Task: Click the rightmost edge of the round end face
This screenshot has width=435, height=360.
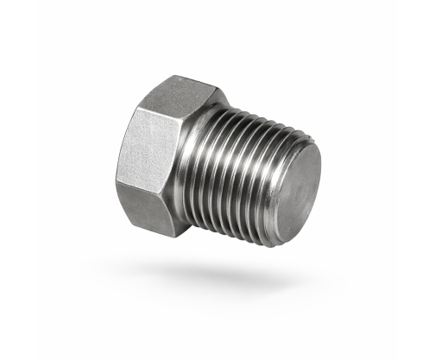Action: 321,194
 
